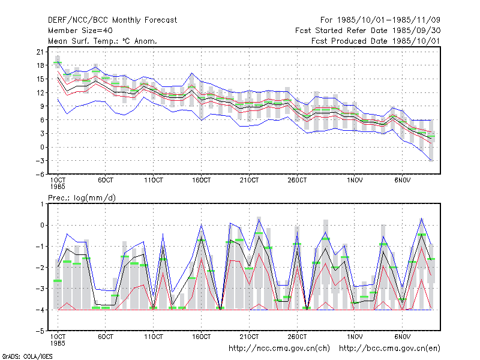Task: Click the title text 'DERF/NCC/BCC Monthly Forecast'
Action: (112, 20)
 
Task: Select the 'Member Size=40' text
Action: (80, 31)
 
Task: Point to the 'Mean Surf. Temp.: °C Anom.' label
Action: (103, 41)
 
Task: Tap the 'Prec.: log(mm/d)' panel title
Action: (82, 198)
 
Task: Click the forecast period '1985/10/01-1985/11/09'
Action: (389, 20)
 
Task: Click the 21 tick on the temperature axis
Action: (40, 52)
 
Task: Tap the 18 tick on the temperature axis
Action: (40, 65)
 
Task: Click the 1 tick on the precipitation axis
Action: (42, 204)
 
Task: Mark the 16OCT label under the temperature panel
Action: (201, 181)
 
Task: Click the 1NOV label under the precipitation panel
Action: (355, 337)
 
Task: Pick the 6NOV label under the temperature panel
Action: (402, 181)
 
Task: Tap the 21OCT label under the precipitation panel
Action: (249, 337)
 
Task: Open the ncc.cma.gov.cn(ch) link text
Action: (279, 349)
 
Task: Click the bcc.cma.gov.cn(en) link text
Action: (389, 349)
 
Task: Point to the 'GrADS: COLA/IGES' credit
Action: (27, 356)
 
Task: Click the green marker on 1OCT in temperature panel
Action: (58, 62)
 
